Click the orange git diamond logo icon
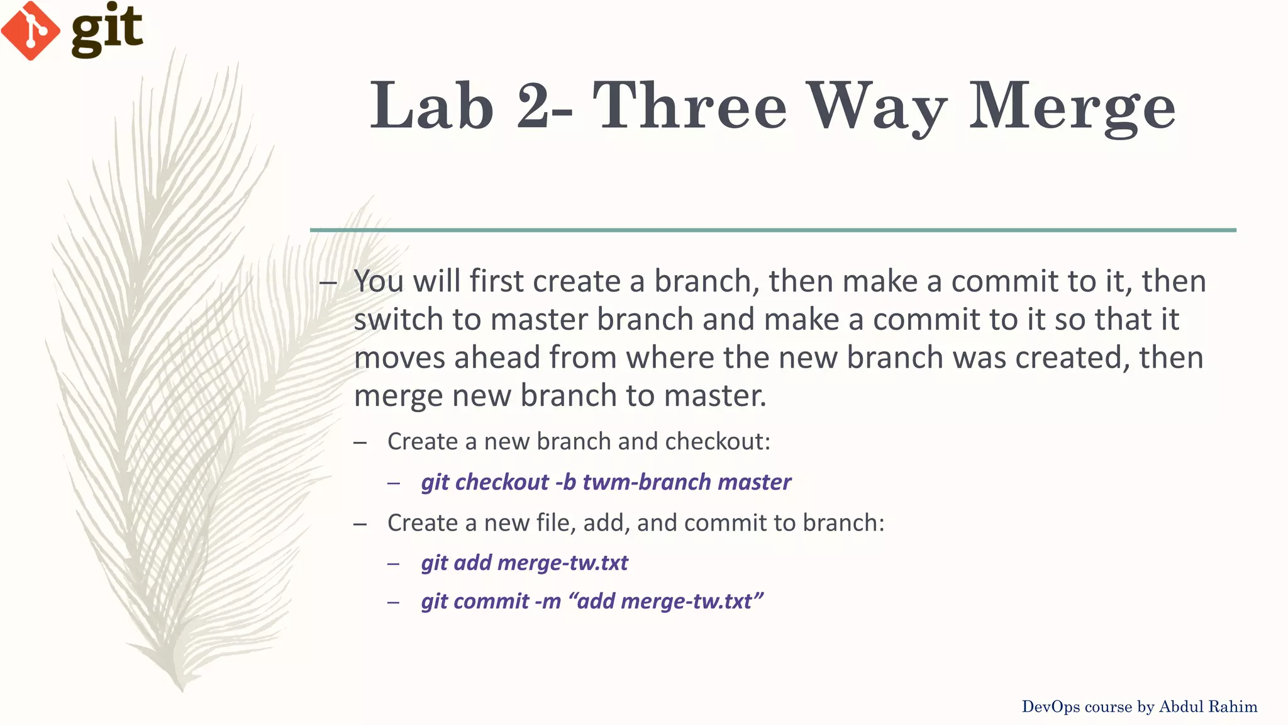(x=30, y=31)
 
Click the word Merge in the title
(x=1072, y=106)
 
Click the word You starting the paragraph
(x=378, y=281)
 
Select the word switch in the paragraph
(x=398, y=320)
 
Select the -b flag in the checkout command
(x=565, y=482)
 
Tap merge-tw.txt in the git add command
(x=562, y=563)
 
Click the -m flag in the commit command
(x=547, y=602)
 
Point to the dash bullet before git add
(x=394, y=563)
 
